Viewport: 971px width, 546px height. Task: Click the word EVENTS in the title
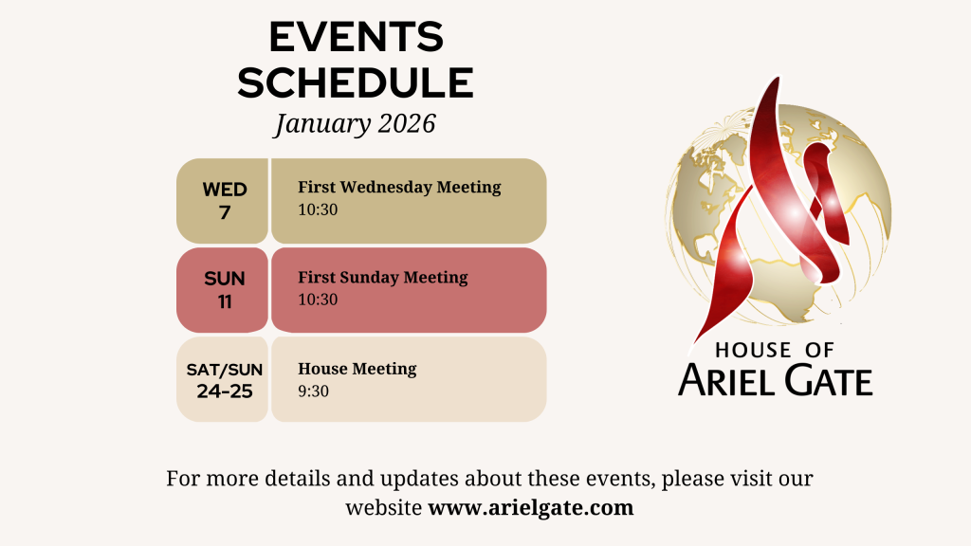pyautogui.click(x=357, y=37)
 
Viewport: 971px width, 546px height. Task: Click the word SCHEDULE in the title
pyautogui.click(x=356, y=83)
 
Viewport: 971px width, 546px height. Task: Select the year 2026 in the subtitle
pyautogui.click(x=407, y=123)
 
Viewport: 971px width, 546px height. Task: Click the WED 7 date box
pyautogui.click(x=222, y=201)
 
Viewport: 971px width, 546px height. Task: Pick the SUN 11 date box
pyautogui.click(x=222, y=290)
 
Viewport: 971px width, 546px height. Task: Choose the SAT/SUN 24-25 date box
pyautogui.click(x=222, y=379)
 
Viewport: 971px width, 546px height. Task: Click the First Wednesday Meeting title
pyautogui.click(x=399, y=187)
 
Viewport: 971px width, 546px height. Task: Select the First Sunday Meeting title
pyautogui.click(x=383, y=278)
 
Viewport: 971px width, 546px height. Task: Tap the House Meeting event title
pyautogui.click(x=357, y=369)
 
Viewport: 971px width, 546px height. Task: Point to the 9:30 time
pyautogui.click(x=313, y=391)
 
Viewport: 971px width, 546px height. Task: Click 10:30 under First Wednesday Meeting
pyautogui.click(x=318, y=209)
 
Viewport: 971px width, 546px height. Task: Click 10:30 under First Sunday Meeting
pyautogui.click(x=318, y=300)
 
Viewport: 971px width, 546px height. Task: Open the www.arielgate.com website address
pyautogui.click(x=531, y=508)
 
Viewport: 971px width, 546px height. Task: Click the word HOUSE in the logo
pyautogui.click(x=753, y=351)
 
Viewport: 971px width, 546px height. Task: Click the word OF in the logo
pyautogui.click(x=819, y=351)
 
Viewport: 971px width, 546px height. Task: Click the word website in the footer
pyautogui.click(x=384, y=508)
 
